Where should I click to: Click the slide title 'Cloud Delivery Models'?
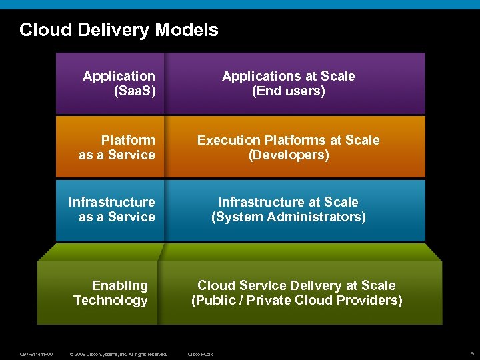point(119,30)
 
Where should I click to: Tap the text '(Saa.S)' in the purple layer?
point(135,91)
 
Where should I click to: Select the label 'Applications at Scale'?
point(289,77)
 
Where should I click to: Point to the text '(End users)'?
point(289,91)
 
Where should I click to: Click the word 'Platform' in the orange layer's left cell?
point(128,140)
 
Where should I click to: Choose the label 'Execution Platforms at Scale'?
point(289,140)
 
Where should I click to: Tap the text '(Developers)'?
point(289,155)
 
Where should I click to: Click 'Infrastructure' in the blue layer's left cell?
point(112,202)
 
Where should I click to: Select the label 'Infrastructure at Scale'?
point(289,202)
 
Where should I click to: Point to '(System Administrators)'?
point(289,217)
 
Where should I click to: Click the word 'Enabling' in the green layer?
point(120,285)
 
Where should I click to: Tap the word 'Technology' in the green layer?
point(111,301)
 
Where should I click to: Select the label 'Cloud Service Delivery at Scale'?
point(297,285)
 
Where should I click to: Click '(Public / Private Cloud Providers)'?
point(297,301)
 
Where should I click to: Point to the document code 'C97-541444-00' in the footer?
point(37,354)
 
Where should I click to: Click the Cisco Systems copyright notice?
point(119,354)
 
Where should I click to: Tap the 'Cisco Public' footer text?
point(201,354)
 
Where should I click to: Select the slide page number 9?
point(472,353)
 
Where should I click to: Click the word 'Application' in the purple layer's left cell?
point(119,77)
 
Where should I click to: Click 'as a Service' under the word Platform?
point(117,155)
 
